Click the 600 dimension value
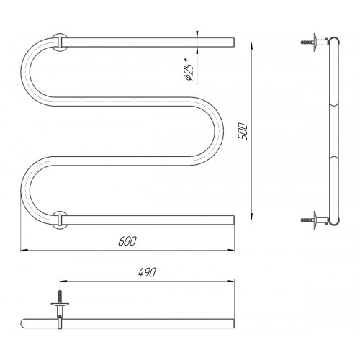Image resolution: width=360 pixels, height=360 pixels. coord(127,241)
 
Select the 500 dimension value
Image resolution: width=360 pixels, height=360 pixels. coord(243,132)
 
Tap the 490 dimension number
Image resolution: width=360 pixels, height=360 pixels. coord(147,272)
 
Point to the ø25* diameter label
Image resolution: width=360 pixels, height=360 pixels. coord(189,71)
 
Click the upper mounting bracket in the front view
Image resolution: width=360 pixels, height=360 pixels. coord(60,42)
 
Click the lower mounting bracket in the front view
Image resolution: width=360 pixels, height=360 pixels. coord(60,220)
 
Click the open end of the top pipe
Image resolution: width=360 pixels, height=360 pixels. coord(234,42)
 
